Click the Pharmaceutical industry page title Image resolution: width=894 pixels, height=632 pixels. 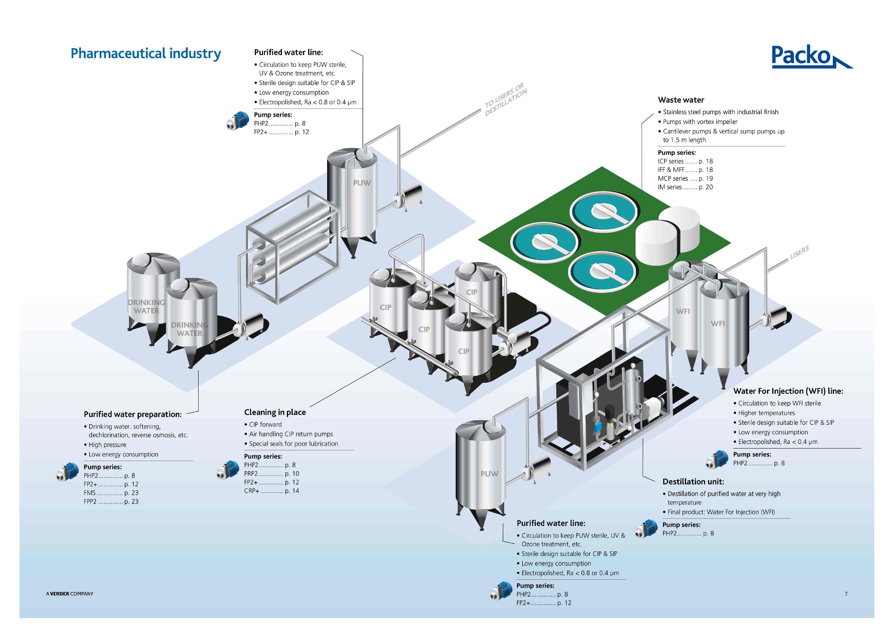tap(146, 53)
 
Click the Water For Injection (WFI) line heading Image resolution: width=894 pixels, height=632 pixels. tap(788, 391)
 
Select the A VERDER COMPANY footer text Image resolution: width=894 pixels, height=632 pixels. tap(70, 594)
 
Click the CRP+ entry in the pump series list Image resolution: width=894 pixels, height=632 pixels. tap(271, 491)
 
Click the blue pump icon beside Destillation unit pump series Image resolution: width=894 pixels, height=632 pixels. tap(646, 529)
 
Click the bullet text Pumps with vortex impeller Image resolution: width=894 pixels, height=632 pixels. tap(700, 122)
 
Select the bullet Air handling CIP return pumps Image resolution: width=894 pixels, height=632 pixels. tap(291, 434)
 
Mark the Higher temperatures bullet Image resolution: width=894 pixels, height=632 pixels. tap(766, 413)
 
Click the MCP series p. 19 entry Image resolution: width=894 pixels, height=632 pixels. tap(685, 178)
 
